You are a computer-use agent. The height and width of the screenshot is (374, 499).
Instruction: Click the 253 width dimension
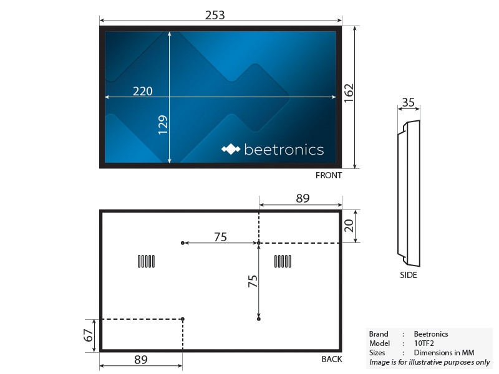(215, 15)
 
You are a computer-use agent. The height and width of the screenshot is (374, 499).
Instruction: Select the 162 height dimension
(349, 94)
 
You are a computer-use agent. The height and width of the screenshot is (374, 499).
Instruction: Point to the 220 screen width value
(143, 91)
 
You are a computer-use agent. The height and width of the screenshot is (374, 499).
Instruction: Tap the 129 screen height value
(162, 127)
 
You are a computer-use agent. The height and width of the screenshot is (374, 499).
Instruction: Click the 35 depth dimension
(409, 102)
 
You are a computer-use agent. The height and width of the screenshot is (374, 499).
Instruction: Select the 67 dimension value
(89, 335)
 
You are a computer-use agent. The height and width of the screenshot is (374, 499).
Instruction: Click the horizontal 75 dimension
(220, 237)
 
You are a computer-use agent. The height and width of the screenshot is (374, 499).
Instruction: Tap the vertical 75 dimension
(252, 281)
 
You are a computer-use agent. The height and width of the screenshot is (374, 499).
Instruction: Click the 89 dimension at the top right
(303, 199)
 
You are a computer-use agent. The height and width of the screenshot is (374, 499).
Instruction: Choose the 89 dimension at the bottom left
(140, 360)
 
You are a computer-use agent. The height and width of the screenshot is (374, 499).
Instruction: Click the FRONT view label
(329, 176)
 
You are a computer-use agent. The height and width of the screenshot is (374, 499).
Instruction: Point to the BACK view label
(332, 359)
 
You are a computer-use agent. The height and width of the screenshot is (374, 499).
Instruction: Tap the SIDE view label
(409, 275)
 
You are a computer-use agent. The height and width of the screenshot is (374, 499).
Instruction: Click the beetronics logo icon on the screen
(231, 150)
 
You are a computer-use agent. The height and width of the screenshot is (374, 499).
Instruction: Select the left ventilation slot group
(146, 262)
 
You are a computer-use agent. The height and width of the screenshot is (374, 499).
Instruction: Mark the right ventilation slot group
(283, 262)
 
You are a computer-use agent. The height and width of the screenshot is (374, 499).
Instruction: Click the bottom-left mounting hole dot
(183, 319)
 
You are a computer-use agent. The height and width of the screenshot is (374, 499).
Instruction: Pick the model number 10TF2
(424, 343)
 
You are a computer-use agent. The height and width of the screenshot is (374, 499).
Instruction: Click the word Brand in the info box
(379, 334)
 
